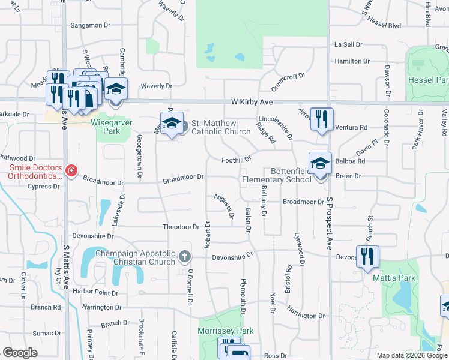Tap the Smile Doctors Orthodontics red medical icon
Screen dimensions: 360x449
tap(71, 170)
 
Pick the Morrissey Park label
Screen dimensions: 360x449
tap(226, 331)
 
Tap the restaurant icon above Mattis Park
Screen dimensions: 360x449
tap(367, 256)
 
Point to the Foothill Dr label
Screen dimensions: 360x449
tap(235, 160)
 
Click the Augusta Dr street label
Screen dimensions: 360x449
tap(224, 205)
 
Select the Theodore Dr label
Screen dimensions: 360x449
tap(181, 227)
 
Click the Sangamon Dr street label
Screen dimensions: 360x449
tap(91, 25)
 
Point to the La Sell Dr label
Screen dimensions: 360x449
tap(349, 44)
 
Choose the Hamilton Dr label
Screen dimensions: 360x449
tap(352, 61)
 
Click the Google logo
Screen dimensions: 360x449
tap(20, 353)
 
